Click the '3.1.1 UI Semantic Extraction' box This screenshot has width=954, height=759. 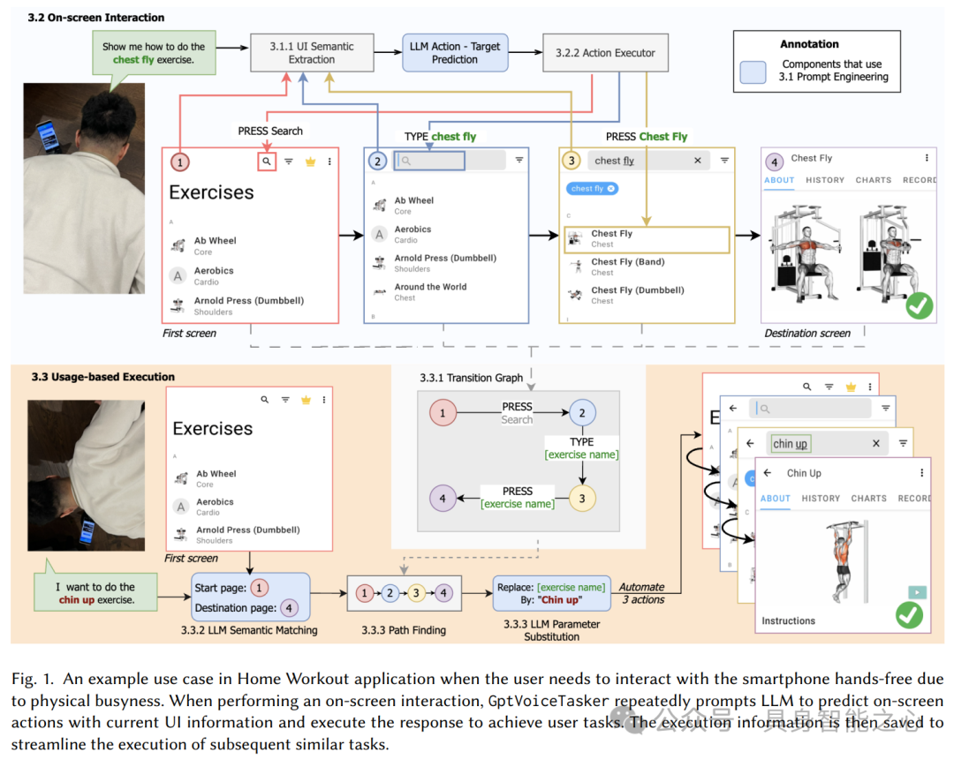(x=311, y=53)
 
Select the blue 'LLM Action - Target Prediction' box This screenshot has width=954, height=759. (x=455, y=53)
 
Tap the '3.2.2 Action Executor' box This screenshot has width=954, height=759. (x=604, y=53)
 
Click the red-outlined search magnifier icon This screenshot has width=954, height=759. (x=266, y=162)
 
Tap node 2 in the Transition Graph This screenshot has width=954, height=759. (x=582, y=412)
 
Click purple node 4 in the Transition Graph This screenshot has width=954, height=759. (x=443, y=498)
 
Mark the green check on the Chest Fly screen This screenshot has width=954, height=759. (x=920, y=306)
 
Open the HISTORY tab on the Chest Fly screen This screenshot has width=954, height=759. (x=825, y=180)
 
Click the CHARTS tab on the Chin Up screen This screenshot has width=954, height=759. (x=868, y=499)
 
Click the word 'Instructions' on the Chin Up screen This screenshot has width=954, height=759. (x=789, y=621)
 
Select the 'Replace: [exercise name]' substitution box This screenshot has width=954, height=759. (x=551, y=593)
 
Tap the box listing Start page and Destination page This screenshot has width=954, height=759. (x=251, y=597)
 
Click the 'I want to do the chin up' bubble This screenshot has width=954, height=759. (x=95, y=593)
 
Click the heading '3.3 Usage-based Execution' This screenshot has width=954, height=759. (x=103, y=377)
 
